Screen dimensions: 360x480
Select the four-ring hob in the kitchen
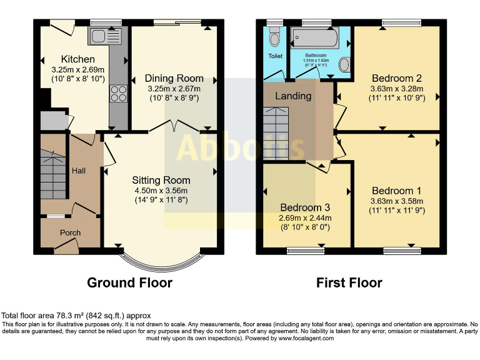coord(118,93)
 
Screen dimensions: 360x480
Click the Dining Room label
coord(174,78)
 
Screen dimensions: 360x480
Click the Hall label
coord(79,170)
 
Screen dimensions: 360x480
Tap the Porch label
coord(70,233)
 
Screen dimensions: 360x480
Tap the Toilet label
coord(275,56)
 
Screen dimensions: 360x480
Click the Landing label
coord(293,96)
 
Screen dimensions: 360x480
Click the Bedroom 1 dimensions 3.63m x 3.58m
coord(396,201)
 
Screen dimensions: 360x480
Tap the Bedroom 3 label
coord(305,207)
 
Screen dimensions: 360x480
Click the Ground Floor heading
coord(129,283)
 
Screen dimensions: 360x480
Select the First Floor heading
coord(349,283)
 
